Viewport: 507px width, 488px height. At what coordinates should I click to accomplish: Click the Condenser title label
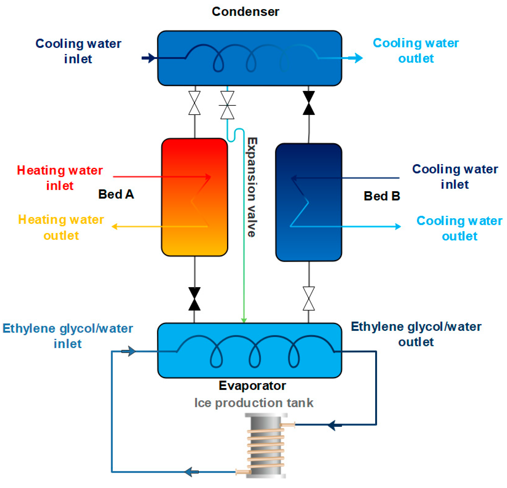pyautogui.click(x=245, y=12)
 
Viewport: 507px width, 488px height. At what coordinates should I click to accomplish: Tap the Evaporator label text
pyautogui.click(x=252, y=386)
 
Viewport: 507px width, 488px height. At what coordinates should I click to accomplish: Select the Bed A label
pyautogui.click(x=116, y=194)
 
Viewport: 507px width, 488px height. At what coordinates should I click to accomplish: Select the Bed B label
pyautogui.click(x=382, y=196)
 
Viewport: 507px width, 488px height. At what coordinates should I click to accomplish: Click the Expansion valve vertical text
pyautogui.click(x=252, y=187)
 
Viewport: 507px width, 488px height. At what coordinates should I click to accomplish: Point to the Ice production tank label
pyautogui.click(x=254, y=403)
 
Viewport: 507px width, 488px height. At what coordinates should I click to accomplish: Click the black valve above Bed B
pyautogui.click(x=309, y=103)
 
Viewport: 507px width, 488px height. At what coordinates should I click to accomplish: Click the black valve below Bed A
pyautogui.click(x=194, y=299)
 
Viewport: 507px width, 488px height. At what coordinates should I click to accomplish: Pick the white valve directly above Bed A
pyautogui.click(x=194, y=103)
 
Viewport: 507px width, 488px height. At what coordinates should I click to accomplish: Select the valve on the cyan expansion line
pyautogui.click(x=227, y=105)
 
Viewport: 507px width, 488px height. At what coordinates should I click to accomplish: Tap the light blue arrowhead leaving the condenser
pyautogui.click(x=358, y=58)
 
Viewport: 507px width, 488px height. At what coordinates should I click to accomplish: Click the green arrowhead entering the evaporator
pyautogui.click(x=244, y=320)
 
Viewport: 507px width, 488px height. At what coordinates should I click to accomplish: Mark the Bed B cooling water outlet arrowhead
pyautogui.click(x=398, y=227)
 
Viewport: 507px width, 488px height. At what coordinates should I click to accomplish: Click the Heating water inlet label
pyautogui.click(x=60, y=178)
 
